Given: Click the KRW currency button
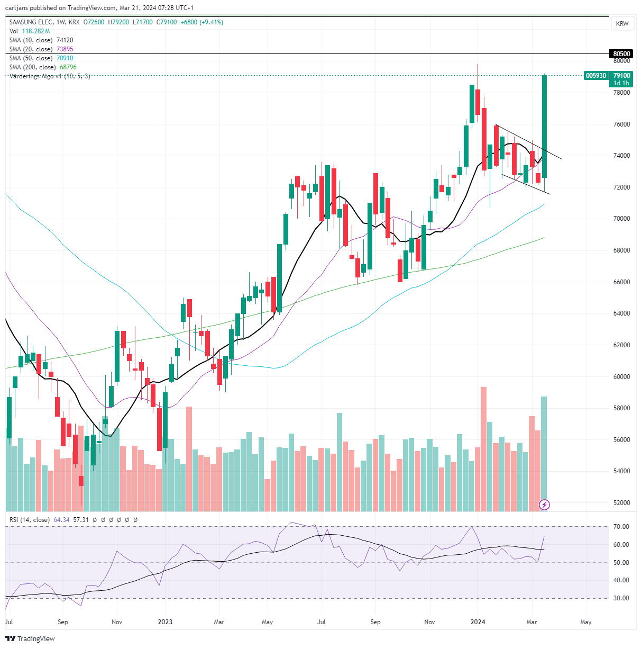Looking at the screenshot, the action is (622, 23).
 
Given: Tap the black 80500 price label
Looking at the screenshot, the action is (621, 54).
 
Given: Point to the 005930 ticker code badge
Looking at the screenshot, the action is (595, 75).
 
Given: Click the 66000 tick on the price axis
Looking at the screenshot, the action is (621, 282).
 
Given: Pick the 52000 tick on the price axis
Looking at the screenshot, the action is (621, 502).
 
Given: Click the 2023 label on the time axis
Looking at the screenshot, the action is (165, 622).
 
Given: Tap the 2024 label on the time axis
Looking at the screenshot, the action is (478, 622).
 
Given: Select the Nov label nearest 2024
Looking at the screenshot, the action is (429, 622).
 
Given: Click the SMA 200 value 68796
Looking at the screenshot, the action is (68, 67).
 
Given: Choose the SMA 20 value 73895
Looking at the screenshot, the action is (65, 49).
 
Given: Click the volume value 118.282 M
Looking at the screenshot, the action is (36, 31).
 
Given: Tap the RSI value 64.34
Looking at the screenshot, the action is (61, 519).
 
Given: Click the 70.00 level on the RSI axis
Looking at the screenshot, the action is (621, 527).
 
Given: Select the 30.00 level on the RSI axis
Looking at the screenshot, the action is (621, 598).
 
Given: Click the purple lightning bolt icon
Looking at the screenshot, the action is (544, 505).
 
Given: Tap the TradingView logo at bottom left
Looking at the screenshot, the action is (30, 638).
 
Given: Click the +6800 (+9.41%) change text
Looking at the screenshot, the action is (201, 22).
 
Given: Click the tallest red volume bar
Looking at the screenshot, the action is (483, 449).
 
